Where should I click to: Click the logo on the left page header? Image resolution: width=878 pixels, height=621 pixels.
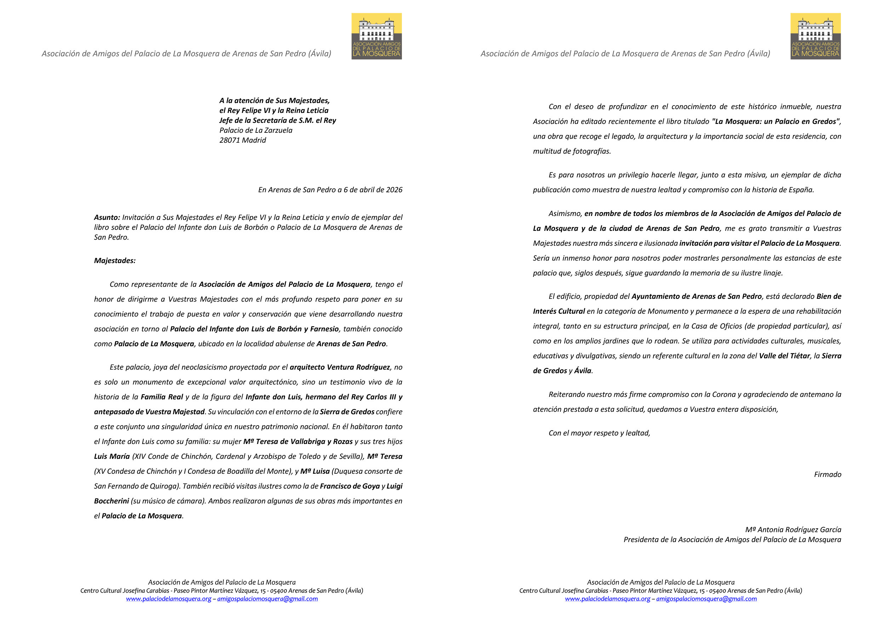click(x=376, y=36)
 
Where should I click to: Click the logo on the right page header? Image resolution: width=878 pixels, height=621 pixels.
click(x=815, y=36)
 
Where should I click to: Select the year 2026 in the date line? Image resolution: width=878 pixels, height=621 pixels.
click(x=394, y=190)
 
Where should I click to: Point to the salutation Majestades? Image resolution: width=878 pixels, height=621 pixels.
click(x=115, y=261)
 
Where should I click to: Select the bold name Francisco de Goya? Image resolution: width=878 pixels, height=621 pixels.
click(x=349, y=486)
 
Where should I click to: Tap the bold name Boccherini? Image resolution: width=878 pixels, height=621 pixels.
click(x=111, y=501)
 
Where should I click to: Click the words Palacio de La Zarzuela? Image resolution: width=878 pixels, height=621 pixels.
click(x=256, y=130)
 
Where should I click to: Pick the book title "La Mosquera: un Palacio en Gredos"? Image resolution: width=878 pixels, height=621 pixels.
click(x=776, y=121)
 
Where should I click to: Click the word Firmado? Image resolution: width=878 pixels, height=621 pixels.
click(x=827, y=474)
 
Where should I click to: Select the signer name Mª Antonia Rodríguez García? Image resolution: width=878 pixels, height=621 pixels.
click(x=793, y=530)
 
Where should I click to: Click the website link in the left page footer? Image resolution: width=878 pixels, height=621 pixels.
click(x=169, y=599)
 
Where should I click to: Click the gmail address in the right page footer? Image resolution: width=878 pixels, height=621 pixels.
click(x=706, y=599)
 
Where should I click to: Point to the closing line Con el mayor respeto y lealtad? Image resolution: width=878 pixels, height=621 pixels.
click(x=599, y=433)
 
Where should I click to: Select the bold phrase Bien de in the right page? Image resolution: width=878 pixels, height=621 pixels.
click(x=829, y=297)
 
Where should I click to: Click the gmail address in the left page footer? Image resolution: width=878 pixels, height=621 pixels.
click(x=267, y=599)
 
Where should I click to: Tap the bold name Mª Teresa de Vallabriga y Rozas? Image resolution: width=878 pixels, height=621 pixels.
click(x=298, y=441)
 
